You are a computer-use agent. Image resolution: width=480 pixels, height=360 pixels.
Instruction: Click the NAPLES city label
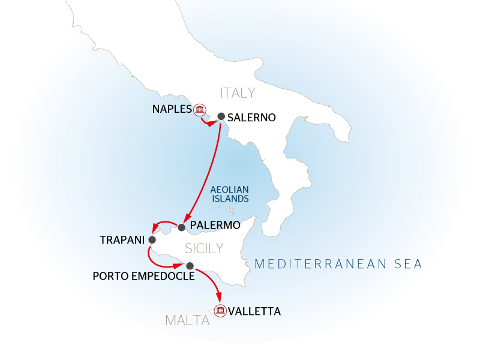click(171, 109)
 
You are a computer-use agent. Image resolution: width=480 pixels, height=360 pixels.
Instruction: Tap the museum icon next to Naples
click(200, 109)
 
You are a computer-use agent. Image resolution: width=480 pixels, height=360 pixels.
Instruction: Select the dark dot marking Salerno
click(221, 116)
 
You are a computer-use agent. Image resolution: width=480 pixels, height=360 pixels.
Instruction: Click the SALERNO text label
click(252, 118)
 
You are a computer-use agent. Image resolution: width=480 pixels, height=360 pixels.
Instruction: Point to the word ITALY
click(238, 93)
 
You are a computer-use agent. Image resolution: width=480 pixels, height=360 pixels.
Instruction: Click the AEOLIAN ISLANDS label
click(230, 193)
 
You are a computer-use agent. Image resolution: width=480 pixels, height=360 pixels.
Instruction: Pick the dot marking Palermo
click(182, 227)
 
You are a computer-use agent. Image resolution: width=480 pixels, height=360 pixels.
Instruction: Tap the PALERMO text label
click(214, 226)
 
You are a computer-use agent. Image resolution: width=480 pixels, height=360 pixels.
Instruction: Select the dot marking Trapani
click(152, 240)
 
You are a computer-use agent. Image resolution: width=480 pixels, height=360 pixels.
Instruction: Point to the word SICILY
click(204, 248)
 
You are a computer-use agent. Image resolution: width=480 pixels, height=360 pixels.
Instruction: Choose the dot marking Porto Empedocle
click(190, 266)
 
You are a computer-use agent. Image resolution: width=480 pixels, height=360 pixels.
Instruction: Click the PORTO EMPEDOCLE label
click(143, 277)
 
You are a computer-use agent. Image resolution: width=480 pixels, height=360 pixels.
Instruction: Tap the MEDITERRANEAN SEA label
click(339, 263)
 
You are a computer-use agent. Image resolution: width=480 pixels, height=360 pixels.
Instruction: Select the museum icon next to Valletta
click(220, 311)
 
